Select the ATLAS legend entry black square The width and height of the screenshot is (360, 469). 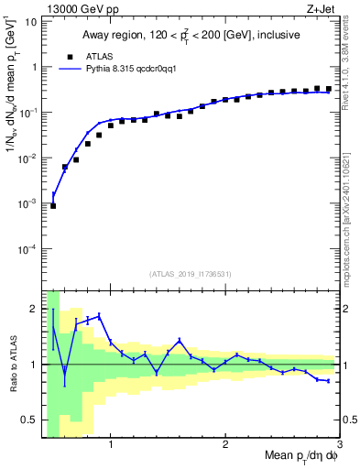click(80, 56)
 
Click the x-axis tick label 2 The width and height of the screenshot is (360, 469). click(224, 447)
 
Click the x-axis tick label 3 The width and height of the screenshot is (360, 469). click(338, 447)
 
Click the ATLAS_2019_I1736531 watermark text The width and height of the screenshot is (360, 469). click(191, 274)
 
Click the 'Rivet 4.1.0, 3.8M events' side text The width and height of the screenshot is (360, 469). click(352, 69)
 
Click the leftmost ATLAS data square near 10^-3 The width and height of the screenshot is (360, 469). click(53, 206)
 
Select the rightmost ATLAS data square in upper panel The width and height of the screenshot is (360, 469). click(328, 89)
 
